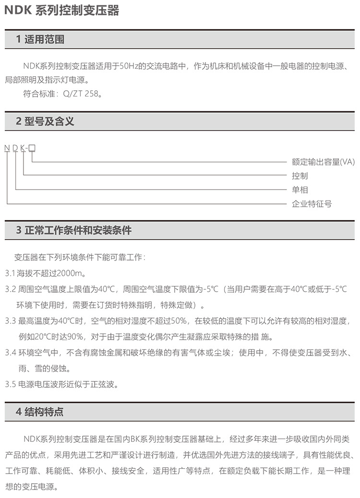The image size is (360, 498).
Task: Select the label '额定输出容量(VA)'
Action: (323, 162)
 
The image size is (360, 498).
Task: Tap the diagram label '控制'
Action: (300, 176)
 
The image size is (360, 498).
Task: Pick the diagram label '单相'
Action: (300, 190)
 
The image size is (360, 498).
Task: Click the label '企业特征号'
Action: (312, 204)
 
